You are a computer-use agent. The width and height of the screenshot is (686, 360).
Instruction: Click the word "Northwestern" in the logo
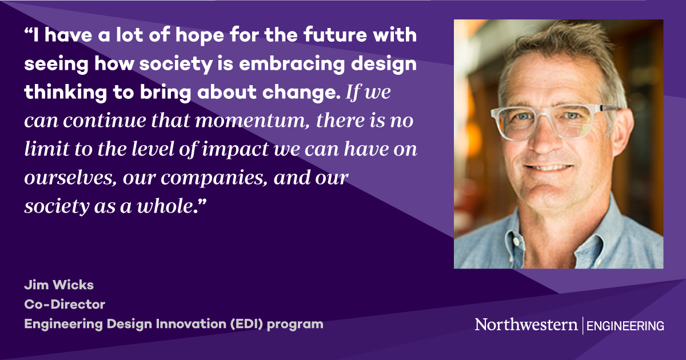tap(526, 325)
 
